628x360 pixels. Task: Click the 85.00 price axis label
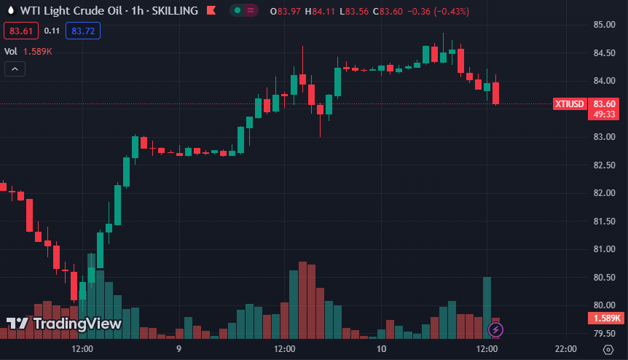[x=604, y=25]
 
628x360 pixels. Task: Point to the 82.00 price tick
[x=604, y=193]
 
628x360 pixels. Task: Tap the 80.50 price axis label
[x=604, y=277]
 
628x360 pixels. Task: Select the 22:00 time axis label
[x=565, y=349]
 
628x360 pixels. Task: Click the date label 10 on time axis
[x=381, y=349]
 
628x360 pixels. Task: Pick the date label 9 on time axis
[x=178, y=349]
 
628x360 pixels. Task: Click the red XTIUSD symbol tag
[x=570, y=103]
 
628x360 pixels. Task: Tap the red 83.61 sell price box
[x=20, y=31]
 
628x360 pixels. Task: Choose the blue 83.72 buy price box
[x=82, y=31]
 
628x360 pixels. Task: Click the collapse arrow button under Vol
[x=15, y=69]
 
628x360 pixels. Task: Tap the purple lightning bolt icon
[x=495, y=329]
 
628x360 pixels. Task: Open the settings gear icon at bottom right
[x=608, y=350]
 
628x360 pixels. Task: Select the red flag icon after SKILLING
[x=211, y=11]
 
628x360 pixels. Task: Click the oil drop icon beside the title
[x=10, y=11]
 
